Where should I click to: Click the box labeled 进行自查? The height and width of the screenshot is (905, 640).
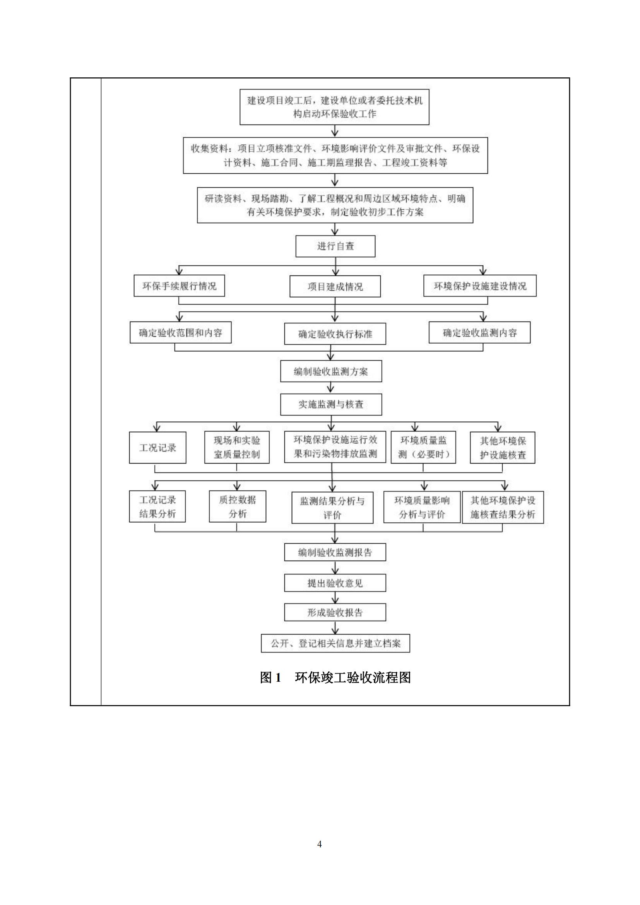tap(335, 246)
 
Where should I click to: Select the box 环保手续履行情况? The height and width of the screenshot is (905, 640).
tap(179, 286)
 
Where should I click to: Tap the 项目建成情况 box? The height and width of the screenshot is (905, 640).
tap(335, 287)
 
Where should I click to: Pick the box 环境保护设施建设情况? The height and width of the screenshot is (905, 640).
tap(479, 286)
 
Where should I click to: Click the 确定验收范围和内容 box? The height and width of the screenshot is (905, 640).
tap(180, 333)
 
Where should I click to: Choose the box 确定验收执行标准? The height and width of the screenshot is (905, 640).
tap(335, 334)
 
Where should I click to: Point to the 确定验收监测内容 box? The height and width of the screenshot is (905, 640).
tap(479, 333)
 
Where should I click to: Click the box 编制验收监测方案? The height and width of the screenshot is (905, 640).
tap(331, 371)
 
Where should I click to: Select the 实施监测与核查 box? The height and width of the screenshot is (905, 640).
tap(331, 404)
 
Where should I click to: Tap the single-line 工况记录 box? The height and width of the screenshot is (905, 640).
tap(157, 448)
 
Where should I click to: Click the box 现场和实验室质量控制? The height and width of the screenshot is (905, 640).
tap(237, 448)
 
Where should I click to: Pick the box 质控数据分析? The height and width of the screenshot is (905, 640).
tap(237, 506)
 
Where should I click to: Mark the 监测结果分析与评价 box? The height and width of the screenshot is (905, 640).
tap(332, 508)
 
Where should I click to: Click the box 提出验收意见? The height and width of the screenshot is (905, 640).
tap(335, 583)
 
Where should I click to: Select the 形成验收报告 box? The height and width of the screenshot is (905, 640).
tap(335, 613)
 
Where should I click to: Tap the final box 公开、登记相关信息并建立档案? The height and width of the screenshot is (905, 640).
tap(335, 643)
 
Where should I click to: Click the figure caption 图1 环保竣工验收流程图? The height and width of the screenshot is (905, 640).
tap(335, 677)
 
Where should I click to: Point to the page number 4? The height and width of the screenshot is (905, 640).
tap(320, 844)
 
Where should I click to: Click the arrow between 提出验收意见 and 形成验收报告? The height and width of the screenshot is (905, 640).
tap(335, 598)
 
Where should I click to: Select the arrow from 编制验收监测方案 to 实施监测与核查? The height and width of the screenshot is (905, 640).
tap(331, 388)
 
